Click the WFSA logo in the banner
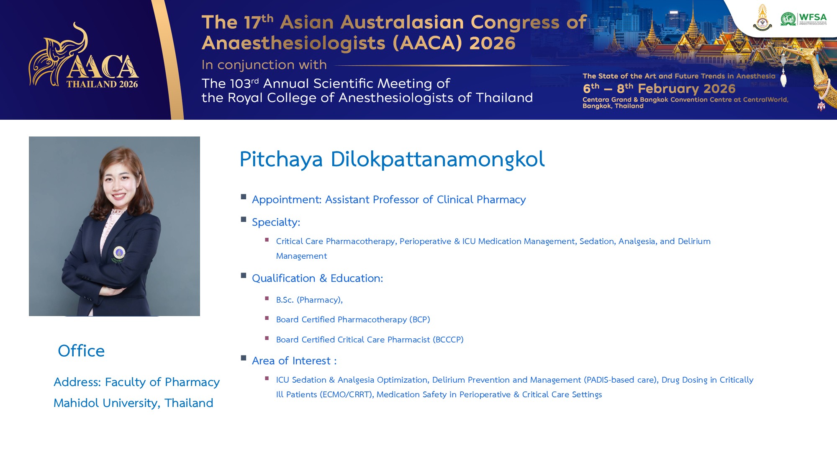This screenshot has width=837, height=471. click(x=804, y=19)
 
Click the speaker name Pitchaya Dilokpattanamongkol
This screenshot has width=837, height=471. click(x=392, y=160)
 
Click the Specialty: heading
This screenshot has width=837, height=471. click(x=276, y=222)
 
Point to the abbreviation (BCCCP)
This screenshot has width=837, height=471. click(x=448, y=340)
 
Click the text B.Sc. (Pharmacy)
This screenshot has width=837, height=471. click(x=309, y=300)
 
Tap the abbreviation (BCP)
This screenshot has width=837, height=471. click(x=420, y=319)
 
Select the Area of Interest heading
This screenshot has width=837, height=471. click(x=294, y=361)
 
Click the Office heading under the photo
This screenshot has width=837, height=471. click(x=81, y=351)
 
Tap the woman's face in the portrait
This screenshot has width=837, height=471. click(x=120, y=183)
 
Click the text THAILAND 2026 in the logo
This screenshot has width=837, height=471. click(x=102, y=84)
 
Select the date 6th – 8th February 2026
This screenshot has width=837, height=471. click(x=659, y=88)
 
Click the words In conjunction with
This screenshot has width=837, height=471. click(x=264, y=65)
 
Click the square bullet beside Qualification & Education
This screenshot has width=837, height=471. click(x=244, y=275)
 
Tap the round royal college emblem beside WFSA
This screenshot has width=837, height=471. click(x=763, y=18)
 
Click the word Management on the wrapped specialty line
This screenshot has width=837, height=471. click(x=301, y=256)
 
